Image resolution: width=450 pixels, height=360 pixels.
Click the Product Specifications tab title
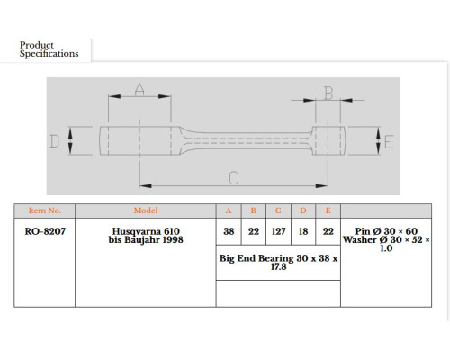[x=49, y=49]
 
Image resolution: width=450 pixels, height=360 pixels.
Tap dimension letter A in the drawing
[x=139, y=89]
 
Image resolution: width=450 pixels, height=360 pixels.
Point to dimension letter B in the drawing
[x=328, y=94]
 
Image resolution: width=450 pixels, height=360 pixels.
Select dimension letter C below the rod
[x=234, y=178]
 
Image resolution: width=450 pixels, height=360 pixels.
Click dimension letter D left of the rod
[x=54, y=141]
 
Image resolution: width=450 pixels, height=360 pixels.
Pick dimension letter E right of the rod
[x=389, y=142]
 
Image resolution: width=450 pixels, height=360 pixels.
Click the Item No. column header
[x=44, y=211]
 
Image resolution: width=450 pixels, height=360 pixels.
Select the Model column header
[x=146, y=211]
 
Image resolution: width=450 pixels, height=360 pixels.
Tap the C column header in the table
[x=278, y=211]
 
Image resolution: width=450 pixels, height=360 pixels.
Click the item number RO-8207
[x=45, y=231]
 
